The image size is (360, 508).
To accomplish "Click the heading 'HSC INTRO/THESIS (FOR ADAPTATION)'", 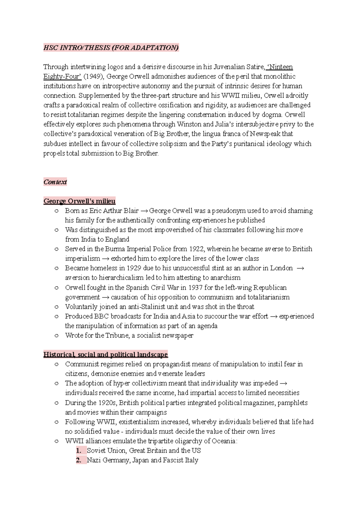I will click(111, 48).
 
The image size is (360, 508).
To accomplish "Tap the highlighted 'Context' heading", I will click(55, 182).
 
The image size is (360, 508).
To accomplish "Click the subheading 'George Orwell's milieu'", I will click(79, 201).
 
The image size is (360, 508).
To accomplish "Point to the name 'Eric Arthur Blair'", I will click(114, 211).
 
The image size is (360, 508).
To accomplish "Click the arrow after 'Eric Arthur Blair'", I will click(144, 211).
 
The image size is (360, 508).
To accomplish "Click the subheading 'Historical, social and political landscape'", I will click(106, 354).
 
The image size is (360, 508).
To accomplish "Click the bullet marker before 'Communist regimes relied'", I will click(56, 364).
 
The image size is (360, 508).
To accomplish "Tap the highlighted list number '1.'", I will click(79, 451).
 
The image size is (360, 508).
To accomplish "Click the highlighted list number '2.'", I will click(79, 460).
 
